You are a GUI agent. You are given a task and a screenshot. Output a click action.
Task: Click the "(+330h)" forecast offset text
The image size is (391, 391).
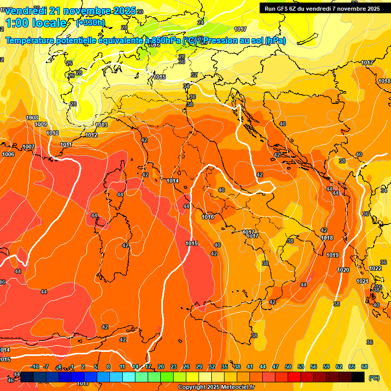[x=91, y=23]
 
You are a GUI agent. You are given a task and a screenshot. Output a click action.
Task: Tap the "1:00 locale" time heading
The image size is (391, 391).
[x=36, y=23]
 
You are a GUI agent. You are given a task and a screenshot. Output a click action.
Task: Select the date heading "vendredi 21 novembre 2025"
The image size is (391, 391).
[x=71, y=11]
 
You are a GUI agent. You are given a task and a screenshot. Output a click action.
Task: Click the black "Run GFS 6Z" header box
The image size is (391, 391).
[x=322, y=8]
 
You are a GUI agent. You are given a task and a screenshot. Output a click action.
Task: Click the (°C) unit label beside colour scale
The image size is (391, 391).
[x=374, y=378]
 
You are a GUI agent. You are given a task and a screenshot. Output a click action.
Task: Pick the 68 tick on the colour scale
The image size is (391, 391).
[x=365, y=367]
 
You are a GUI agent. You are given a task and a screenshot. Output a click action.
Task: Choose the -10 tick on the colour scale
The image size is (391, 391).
[x=35, y=367]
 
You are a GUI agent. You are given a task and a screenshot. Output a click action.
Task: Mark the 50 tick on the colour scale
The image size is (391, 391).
[x=288, y=367]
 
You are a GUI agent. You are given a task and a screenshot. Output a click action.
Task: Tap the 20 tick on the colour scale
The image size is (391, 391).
[x=161, y=367]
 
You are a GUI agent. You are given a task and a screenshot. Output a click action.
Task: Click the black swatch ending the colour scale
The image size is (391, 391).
[x=358, y=377]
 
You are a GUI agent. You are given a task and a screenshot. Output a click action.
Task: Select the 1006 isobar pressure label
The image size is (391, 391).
[x=8, y=154]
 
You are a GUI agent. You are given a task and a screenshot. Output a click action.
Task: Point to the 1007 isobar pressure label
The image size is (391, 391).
[x=29, y=147]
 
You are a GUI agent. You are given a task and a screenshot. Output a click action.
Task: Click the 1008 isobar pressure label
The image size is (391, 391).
[x=32, y=118]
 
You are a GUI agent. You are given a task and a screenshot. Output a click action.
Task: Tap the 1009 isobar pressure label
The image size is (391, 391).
[x=41, y=124]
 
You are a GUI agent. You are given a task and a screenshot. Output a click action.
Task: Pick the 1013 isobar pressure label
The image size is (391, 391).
[x=102, y=125]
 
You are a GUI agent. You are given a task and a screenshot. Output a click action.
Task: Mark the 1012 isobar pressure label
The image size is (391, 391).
[x=92, y=135]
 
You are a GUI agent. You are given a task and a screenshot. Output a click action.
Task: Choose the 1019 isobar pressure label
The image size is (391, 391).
[x=332, y=255]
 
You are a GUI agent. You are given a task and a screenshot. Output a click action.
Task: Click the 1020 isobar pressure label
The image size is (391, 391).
[x=344, y=270]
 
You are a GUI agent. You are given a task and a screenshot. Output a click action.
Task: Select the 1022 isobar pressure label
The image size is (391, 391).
[x=375, y=268]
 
